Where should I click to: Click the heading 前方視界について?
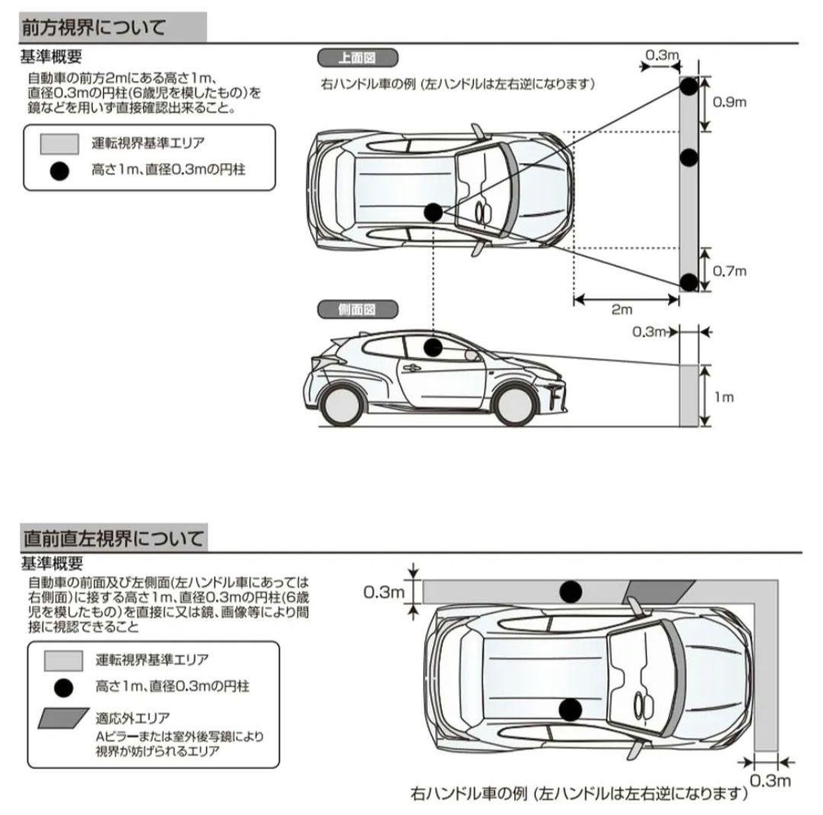(x=93, y=28)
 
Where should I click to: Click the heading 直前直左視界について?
(x=113, y=539)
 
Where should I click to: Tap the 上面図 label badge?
(x=357, y=58)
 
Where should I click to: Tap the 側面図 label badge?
(x=357, y=310)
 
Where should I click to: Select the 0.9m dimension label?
(x=729, y=103)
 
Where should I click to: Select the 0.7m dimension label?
(x=729, y=270)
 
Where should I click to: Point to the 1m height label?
(x=725, y=397)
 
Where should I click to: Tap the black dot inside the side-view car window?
(x=433, y=348)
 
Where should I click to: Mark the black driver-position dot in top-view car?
(x=433, y=213)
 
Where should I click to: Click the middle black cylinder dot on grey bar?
(x=689, y=158)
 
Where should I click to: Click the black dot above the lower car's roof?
(x=570, y=591)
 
